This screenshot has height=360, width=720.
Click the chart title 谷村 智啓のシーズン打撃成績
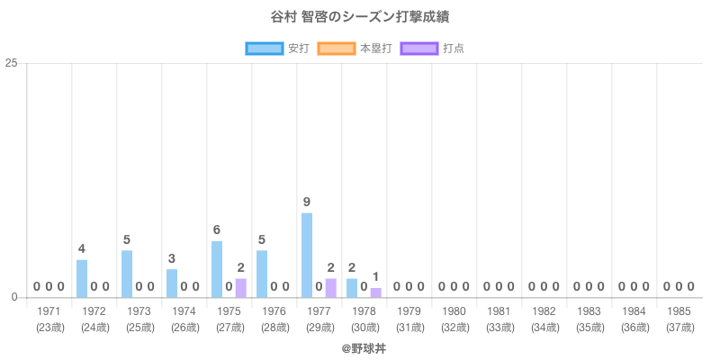click(359, 17)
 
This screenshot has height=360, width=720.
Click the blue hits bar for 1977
click(307, 255)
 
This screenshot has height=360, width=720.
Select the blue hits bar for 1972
click(82, 278)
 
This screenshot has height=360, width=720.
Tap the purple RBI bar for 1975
click(241, 288)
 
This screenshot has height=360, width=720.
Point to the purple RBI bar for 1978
click(376, 292)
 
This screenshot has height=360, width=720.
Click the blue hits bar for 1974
click(172, 283)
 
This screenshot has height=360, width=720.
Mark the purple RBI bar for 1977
click(331, 288)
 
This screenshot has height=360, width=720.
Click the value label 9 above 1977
click(307, 202)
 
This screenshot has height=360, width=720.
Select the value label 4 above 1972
click(82, 248)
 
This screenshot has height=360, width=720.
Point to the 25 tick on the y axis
click(12, 63)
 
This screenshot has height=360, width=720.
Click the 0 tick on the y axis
click(15, 297)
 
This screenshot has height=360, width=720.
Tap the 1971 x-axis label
click(49, 311)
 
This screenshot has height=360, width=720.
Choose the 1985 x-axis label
click(679, 311)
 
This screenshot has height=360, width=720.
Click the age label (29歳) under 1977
click(319, 327)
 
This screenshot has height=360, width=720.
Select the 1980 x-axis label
click(454, 311)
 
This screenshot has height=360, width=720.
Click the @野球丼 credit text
click(359, 346)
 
